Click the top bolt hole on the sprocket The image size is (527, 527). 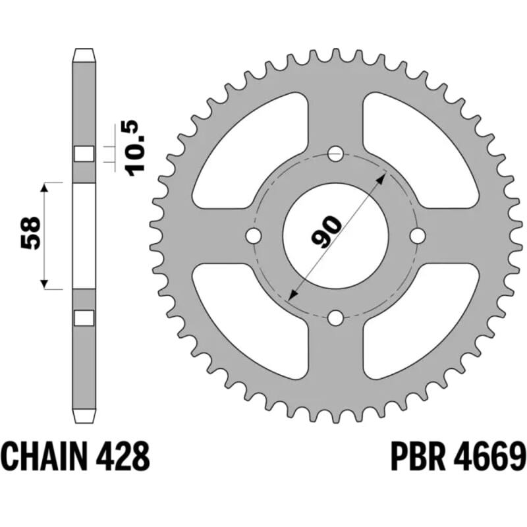[336, 154]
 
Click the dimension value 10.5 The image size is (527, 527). [136, 147]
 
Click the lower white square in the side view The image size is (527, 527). [84, 318]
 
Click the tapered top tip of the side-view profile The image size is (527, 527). [84, 53]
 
